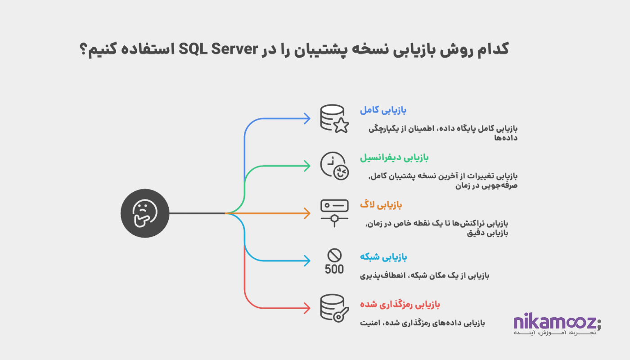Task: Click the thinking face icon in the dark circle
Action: tap(145, 213)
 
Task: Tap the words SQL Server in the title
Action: tap(219, 49)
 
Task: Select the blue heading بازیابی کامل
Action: tap(383, 110)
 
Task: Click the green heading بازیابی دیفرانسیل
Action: tap(394, 157)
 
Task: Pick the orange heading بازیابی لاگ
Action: tap(381, 205)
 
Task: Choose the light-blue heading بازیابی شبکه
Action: tap(383, 257)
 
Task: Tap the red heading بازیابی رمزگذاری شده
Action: tap(400, 305)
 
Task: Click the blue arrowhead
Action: tap(306, 118)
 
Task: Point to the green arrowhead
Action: tap(306, 166)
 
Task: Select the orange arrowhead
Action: tap(306, 213)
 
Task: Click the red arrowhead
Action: tap(306, 308)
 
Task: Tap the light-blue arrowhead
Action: tap(306, 261)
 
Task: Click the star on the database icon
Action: tap(341, 126)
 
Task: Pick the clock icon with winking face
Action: tap(334, 166)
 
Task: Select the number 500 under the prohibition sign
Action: tap(334, 269)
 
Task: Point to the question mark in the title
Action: tap(84, 49)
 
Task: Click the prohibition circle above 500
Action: tap(334, 256)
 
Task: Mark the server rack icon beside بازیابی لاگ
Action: tap(334, 213)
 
